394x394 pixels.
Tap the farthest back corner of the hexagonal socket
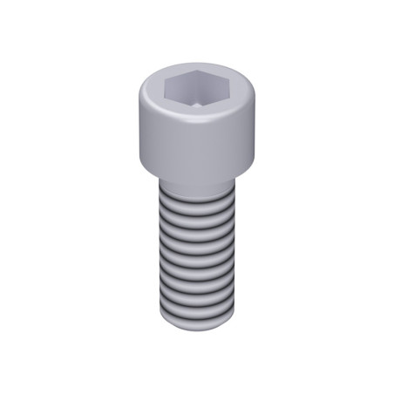(x=200, y=72)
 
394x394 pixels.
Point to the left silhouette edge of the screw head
(x=138, y=131)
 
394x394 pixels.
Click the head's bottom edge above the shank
(x=196, y=180)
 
